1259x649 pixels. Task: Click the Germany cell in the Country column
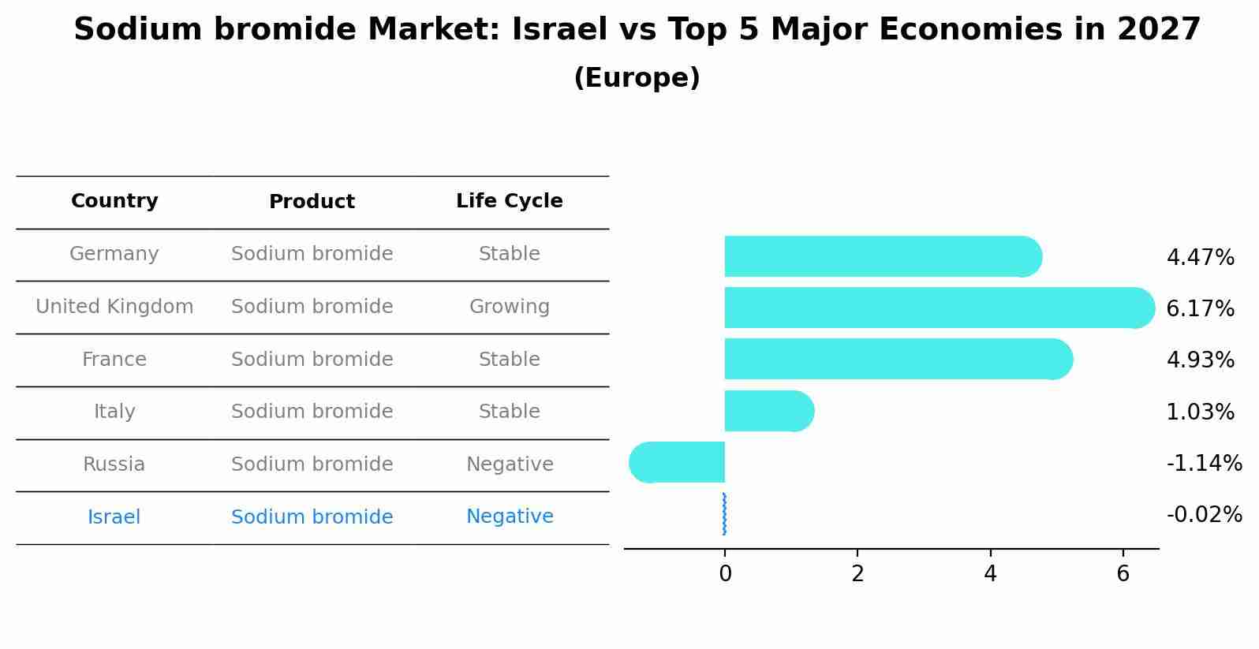(x=114, y=254)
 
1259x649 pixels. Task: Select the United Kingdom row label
(x=114, y=307)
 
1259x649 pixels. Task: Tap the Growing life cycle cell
(x=510, y=307)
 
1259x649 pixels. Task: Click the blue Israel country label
(x=114, y=517)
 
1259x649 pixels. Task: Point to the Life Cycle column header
(x=510, y=201)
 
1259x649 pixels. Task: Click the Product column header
(x=312, y=202)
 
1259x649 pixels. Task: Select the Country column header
(x=114, y=201)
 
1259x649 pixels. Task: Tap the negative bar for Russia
(x=678, y=462)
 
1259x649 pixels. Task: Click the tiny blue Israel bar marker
(x=724, y=514)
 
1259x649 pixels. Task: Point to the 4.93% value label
(x=1200, y=360)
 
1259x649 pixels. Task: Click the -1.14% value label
(x=1204, y=463)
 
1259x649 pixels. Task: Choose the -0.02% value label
(x=1204, y=515)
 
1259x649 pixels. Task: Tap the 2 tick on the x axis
(x=857, y=574)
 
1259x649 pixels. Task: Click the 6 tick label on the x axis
(x=1123, y=574)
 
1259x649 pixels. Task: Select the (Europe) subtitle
(x=637, y=78)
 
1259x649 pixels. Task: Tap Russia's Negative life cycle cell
(x=510, y=464)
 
